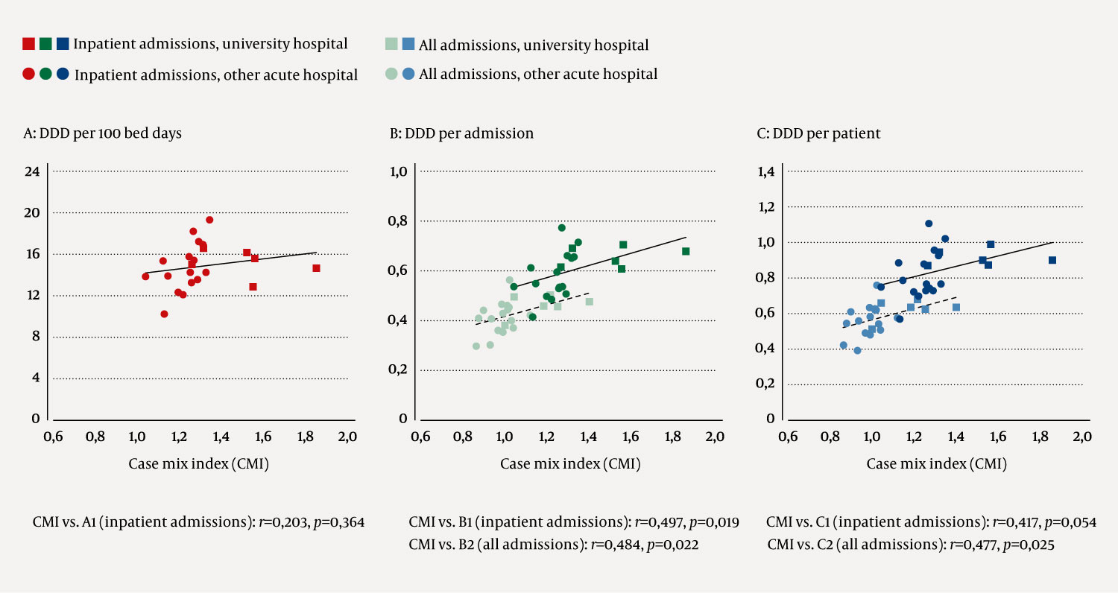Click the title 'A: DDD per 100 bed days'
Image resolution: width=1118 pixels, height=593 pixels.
coord(103,134)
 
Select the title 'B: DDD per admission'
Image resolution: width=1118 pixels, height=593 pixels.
coord(461,134)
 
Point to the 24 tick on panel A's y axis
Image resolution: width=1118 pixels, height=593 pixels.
coord(32,171)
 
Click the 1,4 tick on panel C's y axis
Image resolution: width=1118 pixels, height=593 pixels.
coord(767,171)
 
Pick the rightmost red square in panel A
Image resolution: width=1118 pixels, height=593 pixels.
coord(316,268)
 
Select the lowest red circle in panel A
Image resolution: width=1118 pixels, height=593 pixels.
coord(164,314)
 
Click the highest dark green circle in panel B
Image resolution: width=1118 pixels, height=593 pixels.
coord(562,227)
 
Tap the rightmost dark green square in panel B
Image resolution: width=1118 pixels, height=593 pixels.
coord(686,251)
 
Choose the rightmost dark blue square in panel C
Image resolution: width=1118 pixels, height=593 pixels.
coord(1052,260)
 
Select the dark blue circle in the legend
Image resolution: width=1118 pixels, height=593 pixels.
coord(63,74)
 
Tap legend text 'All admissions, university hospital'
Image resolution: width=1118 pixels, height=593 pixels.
coord(534,45)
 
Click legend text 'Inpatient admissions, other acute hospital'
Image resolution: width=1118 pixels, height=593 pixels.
coord(216,75)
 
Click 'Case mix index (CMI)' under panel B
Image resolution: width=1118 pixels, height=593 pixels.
coord(570,464)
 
